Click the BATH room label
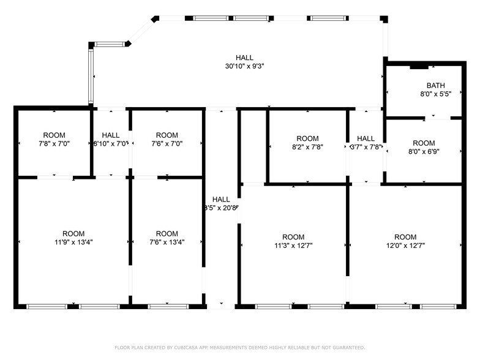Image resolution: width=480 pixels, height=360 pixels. point(435,86)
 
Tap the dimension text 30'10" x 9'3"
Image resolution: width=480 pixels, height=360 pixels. point(244,66)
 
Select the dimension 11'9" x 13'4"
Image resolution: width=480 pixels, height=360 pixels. point(73,242)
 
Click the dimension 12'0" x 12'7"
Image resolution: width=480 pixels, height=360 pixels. point(405,246)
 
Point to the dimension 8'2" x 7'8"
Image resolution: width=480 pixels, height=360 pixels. point(307,147)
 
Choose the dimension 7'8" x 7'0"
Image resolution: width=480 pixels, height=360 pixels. point(54,144)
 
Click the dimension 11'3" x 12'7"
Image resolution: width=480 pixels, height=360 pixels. point(293,246)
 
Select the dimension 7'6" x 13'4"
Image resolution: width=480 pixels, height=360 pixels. point(167,242)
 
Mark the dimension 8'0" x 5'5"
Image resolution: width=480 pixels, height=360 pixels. point(435,94)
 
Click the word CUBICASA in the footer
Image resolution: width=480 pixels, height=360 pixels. point(183,348)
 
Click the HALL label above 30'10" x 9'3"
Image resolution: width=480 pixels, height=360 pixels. point(244,58)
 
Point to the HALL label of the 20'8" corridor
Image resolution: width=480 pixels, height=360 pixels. point(221,200)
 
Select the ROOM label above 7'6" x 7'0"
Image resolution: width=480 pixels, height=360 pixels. point(167,135)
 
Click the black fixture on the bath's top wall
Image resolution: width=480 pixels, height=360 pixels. point(419,65)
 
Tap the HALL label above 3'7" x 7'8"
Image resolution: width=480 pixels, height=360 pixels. point(366,138)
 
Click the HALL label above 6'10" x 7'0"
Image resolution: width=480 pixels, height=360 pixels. point(111,135)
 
